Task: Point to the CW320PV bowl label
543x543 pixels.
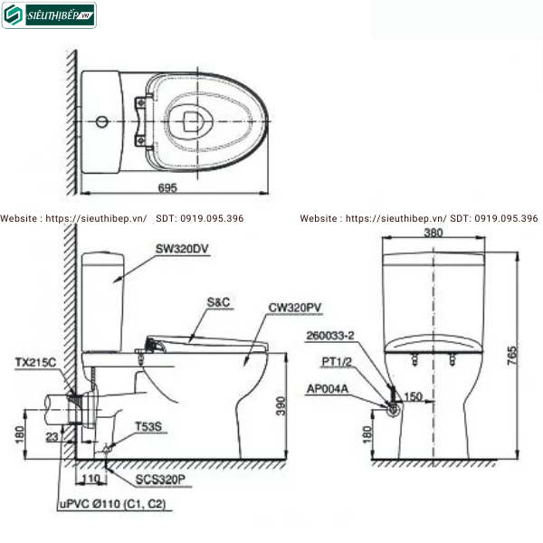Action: [x=295, y=308]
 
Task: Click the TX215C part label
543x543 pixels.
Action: [x=35, y=362]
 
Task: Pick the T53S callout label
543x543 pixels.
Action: [x=148, y=425]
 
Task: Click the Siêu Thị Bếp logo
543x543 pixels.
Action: [x=49, y=14]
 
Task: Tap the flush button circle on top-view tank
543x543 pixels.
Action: [x=102, y=119]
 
